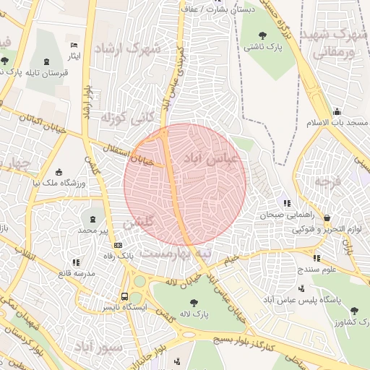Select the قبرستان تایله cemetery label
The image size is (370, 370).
46,73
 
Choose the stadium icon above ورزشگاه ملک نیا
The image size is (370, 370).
59,172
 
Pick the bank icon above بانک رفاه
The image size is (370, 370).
118,245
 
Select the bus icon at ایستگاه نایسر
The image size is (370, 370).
125,296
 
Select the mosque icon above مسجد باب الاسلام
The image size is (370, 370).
337,111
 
